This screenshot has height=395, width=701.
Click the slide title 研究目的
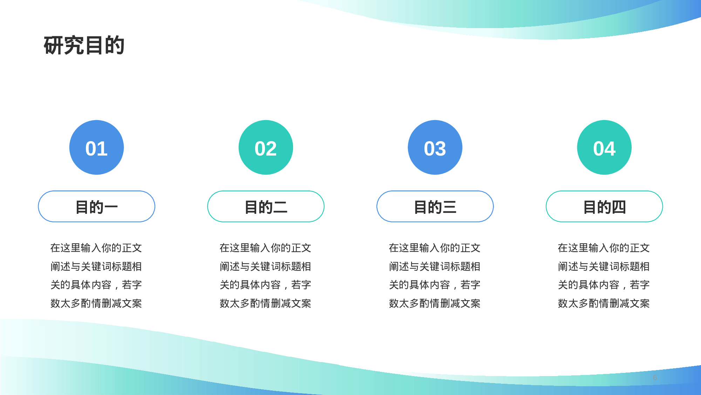point(84,45)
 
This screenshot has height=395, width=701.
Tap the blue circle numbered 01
point(96,147)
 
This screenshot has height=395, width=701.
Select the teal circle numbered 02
point(266,147)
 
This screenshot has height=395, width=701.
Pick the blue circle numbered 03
point(435,147)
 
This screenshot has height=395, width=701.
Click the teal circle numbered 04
point(604,147)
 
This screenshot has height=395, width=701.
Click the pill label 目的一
point(96,206)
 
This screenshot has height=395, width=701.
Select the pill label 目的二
point(266,206)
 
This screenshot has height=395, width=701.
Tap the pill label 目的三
point(435,206)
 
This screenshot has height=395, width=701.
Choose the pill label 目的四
point(604,206)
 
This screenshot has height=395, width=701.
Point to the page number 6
point(655,377)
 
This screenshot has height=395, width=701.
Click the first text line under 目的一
point(96,248)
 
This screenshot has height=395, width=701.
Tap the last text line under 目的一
point(96,303)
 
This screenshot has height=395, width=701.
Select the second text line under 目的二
point(265,266)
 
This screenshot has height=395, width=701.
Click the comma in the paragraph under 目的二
point(285,288)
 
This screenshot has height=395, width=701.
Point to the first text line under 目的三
point(435,248)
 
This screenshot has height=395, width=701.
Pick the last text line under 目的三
point(435,303)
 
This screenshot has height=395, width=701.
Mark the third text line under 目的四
point(604,285)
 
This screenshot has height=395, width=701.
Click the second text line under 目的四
point(604,266)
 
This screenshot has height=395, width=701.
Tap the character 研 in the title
point(54,45)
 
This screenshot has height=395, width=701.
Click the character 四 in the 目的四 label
point(619,207)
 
